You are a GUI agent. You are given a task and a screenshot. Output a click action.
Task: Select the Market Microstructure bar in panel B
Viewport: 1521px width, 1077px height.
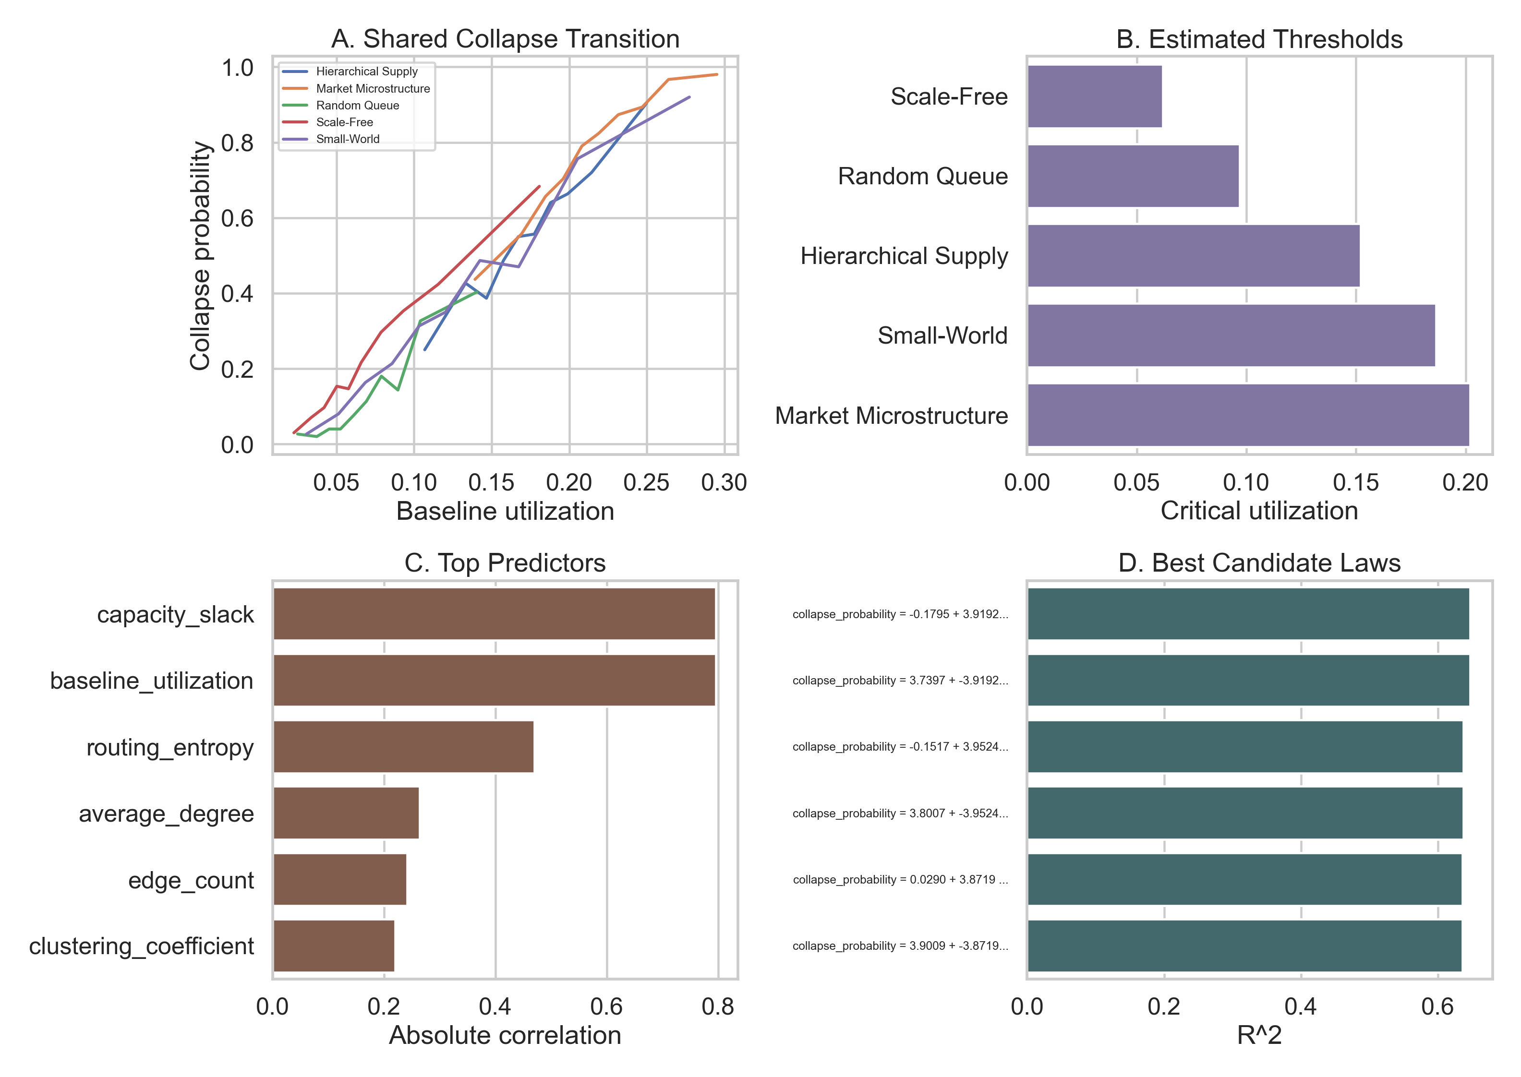click(1247, 415)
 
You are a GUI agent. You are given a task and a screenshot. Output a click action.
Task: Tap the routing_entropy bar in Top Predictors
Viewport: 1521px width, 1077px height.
click(403, 747)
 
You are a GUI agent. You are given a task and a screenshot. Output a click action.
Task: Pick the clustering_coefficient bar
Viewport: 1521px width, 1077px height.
click(334, 945)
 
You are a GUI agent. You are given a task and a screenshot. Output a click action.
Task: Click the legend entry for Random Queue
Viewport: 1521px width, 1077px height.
click(357, 106)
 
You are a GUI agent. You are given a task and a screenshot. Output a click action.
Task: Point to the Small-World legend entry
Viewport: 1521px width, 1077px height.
click(347, 139)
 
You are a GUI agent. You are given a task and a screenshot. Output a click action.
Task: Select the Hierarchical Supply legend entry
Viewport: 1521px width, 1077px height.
click(366, 72)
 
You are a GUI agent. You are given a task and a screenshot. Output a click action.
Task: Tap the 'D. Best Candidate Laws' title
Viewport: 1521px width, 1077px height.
click(1258, 563)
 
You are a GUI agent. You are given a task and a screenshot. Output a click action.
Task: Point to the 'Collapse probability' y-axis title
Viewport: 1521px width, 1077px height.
click(200, 255)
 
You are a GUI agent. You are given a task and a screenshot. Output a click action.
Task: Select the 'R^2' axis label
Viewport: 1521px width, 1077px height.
click(1258, 1035)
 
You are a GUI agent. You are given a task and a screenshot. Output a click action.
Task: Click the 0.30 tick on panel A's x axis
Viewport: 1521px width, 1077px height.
click(724, 483)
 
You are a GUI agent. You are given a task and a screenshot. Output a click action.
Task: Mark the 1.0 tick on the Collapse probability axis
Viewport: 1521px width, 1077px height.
click(237, 68)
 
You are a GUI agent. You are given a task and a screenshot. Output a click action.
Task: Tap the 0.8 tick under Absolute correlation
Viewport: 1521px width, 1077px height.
click(718, 1007)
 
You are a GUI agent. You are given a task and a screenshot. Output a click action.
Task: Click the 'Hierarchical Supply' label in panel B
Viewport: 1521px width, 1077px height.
click(904, 256)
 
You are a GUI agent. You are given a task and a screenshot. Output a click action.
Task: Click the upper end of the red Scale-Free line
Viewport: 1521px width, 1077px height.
click(539, 186)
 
